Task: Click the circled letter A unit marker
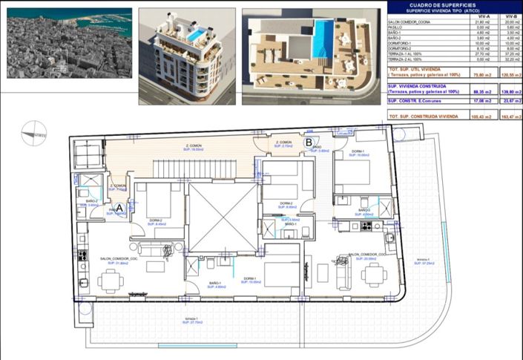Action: [x=119, y=209]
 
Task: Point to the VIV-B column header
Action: [x=508, y=16]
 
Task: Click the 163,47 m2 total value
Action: [x=508, y=117]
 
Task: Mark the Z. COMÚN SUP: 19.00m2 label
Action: [x=196, y=147]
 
